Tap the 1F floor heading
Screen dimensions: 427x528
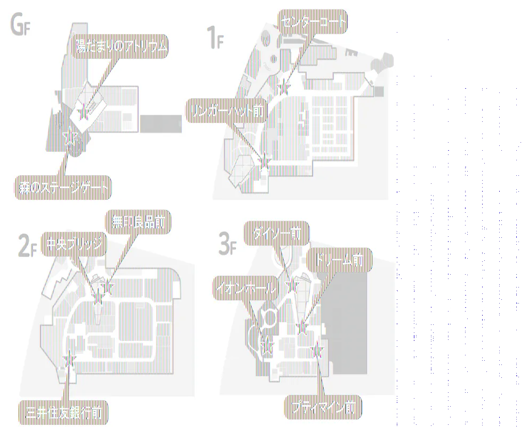(214, 38)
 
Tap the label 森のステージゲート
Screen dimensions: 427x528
(62, 188)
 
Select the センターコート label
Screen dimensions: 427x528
(313, 22)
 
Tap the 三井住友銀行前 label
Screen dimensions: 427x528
(64, 412)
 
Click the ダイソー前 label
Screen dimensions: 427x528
(277, 234)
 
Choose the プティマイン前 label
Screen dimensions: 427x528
(323, 407)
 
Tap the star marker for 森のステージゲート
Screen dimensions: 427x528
(69, 138)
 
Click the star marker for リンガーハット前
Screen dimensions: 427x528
(263, 159)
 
